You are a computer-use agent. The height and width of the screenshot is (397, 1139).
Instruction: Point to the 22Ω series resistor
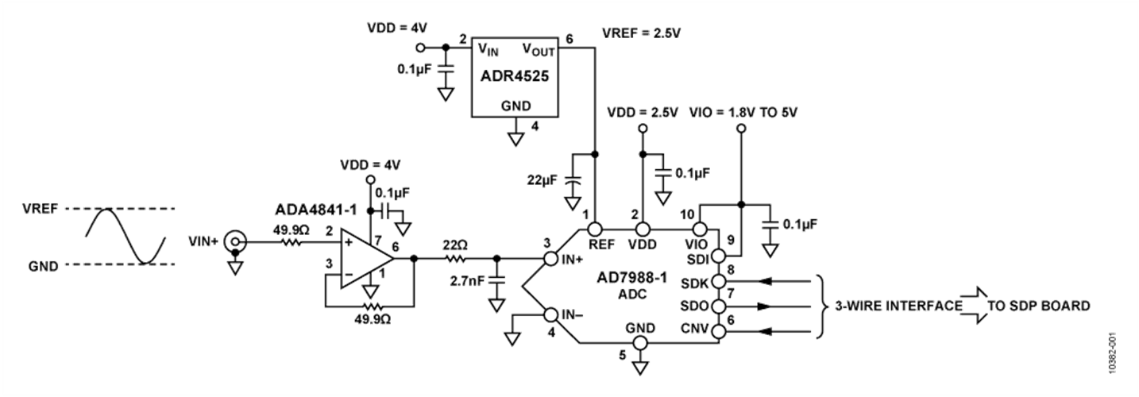coord(455,258)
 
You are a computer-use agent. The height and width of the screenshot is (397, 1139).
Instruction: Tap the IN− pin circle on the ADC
coord(550,314)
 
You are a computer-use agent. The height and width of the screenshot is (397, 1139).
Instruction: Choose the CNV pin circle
coord(720,330)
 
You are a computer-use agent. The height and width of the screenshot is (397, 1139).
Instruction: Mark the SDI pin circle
coord(719,256)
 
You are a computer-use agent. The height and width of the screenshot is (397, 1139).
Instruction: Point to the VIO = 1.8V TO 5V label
coord(743,113)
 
